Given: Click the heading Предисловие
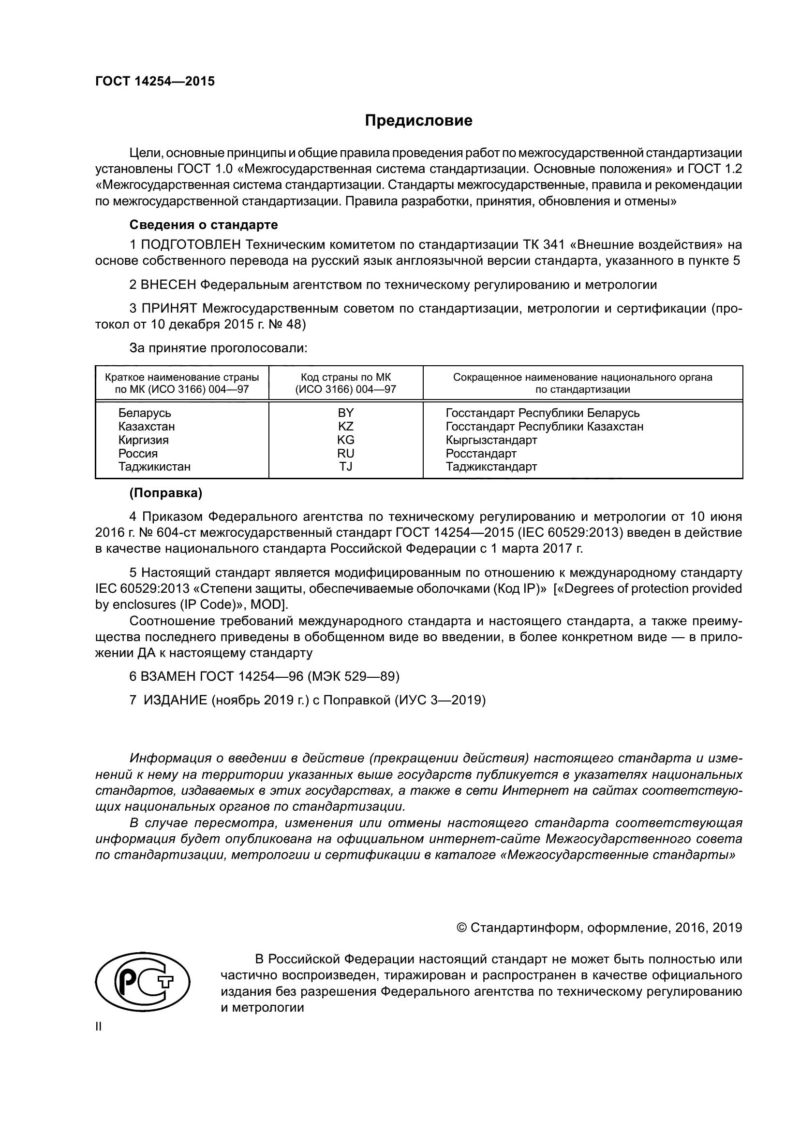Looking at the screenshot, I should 418,121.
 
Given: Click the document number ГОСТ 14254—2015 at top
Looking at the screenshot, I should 155,82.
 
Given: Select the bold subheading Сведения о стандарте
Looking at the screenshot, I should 204,225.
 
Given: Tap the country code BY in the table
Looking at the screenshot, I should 345,413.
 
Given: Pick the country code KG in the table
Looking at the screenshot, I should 345,440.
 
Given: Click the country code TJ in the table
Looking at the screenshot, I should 345,466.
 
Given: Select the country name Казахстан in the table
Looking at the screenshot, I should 146,426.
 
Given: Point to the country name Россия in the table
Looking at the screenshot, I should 138,453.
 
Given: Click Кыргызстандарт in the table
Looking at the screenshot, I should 491,440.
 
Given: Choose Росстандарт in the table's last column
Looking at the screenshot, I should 481,453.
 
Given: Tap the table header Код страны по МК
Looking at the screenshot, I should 345,377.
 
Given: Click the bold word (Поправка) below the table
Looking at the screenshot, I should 165,493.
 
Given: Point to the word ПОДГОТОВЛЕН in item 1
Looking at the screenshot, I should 192,244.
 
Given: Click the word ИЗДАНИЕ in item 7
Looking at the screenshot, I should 176,701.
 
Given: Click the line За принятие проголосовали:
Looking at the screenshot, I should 218,348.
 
